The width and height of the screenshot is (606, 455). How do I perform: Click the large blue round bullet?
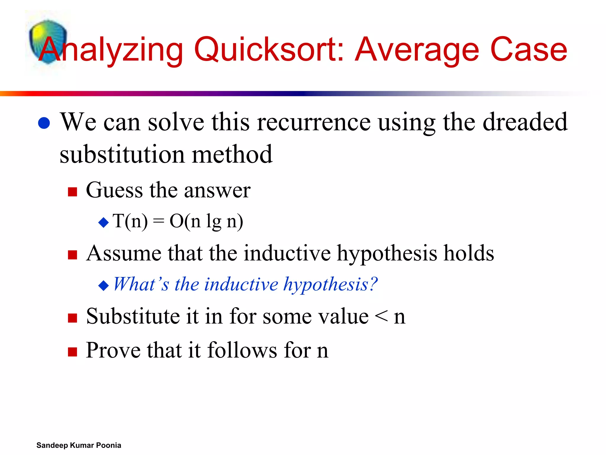pos(44,123)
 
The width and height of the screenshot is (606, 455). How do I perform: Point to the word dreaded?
pos(525,122)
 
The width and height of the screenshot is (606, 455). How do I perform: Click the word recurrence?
pos(314,122)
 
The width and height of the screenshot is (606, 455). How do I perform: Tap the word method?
pos(232,154)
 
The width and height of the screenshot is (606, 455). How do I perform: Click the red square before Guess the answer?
pos(72,192)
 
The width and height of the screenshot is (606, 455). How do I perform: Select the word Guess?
pos(114,190)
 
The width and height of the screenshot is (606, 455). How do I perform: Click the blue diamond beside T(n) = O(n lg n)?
pos(104,222)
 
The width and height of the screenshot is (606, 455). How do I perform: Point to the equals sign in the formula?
pos(159,221)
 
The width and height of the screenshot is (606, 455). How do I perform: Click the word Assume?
pos(124,254)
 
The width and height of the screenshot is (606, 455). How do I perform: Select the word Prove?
pos(113,350)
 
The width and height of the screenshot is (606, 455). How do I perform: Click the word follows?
pos(242,350)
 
